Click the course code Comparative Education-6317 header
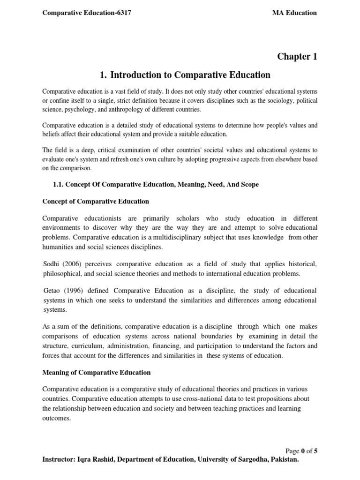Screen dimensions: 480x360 tap(87, 13)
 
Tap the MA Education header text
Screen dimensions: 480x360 tap(295, 13)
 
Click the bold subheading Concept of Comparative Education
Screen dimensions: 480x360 tap(96, 202)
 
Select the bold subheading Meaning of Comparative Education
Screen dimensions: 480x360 tap(97, 373)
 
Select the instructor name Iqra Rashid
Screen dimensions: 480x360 tap(97, 460)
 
